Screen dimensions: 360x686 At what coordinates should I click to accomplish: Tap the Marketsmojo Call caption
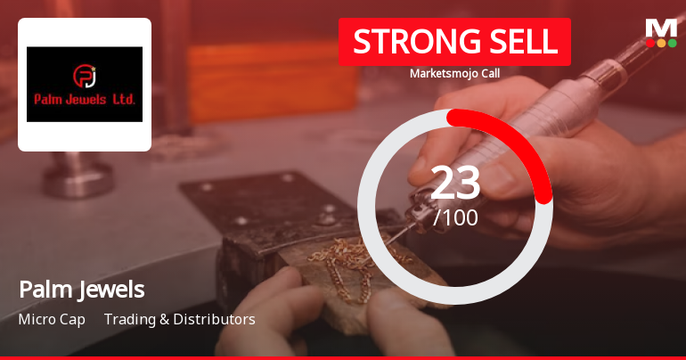[x=454, y=73]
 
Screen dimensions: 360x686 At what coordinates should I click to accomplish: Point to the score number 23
[x=455, y=184]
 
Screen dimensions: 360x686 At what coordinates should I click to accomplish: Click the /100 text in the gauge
[x=455, y=217]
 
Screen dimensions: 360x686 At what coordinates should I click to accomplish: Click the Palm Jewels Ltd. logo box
[x=85, y=85]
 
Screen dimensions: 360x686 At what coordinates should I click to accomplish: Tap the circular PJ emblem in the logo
[x=85, y=73]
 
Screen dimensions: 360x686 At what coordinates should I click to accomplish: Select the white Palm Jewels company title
[x=82, y=290]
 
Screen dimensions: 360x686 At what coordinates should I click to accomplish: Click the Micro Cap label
[x=52, y=319]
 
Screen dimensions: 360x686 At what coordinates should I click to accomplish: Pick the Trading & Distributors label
[x=180, y=319]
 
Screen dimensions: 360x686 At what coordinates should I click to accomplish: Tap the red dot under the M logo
[x=649, y=42]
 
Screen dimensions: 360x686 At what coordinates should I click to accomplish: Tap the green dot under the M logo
[x=673, y=42]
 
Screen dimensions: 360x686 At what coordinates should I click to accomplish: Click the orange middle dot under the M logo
[x=661, y=42]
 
